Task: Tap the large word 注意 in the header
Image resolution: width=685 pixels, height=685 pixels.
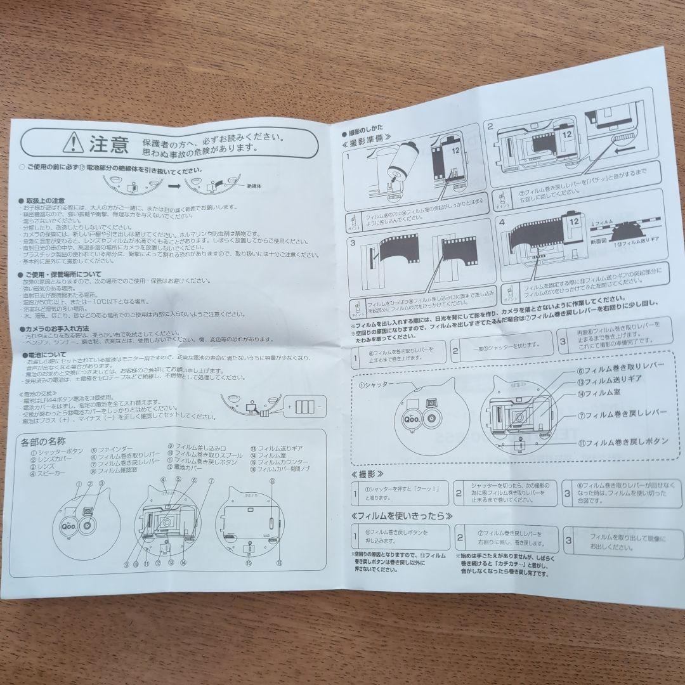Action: pyautogui.click(x=108, y=144)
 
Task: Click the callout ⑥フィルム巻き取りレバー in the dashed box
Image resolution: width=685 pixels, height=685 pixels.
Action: pyautogui.click(x=618, y=369)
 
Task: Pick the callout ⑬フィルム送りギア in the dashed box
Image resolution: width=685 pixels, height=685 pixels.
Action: pyautogui.click(x=609, y=382)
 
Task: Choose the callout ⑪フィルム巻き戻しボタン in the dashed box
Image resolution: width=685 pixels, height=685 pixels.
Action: pyautogui.click(x=625, y=441)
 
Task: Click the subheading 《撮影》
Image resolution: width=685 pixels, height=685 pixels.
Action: pyautogui.click(x=367, y=474)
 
